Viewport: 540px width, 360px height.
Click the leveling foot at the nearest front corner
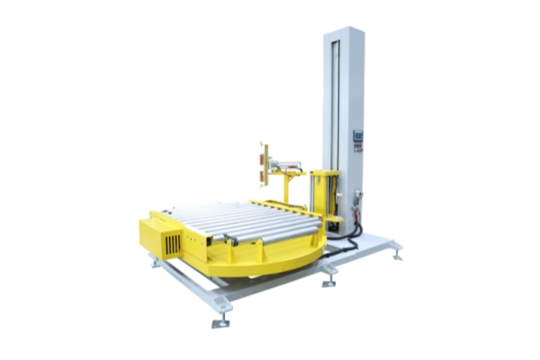(x=220, y=321)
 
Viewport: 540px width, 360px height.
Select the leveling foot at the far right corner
(x=397, y=256)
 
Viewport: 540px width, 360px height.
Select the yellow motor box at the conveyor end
(x=166, y=236)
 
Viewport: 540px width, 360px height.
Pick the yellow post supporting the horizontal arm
(x=289, y=189)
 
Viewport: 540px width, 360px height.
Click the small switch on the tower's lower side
(x=358, y=193)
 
